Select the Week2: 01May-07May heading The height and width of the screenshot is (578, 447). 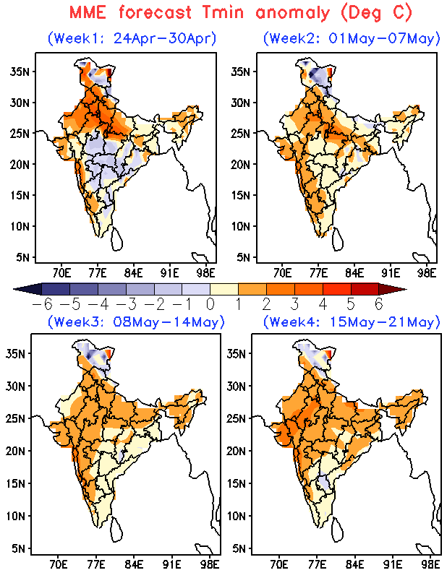click(x=352, y=38)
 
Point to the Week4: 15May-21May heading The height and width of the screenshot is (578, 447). click(x=352, y=321)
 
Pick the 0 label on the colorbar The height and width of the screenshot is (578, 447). click(x=210, y=304)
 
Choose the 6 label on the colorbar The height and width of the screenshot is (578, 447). click(x=378, y=304)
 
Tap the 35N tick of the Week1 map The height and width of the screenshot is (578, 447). click(x=19, y=71)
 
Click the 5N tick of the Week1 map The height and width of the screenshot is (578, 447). click(x=22, y=256)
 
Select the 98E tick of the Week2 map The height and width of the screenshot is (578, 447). click(x=427, y=273)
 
